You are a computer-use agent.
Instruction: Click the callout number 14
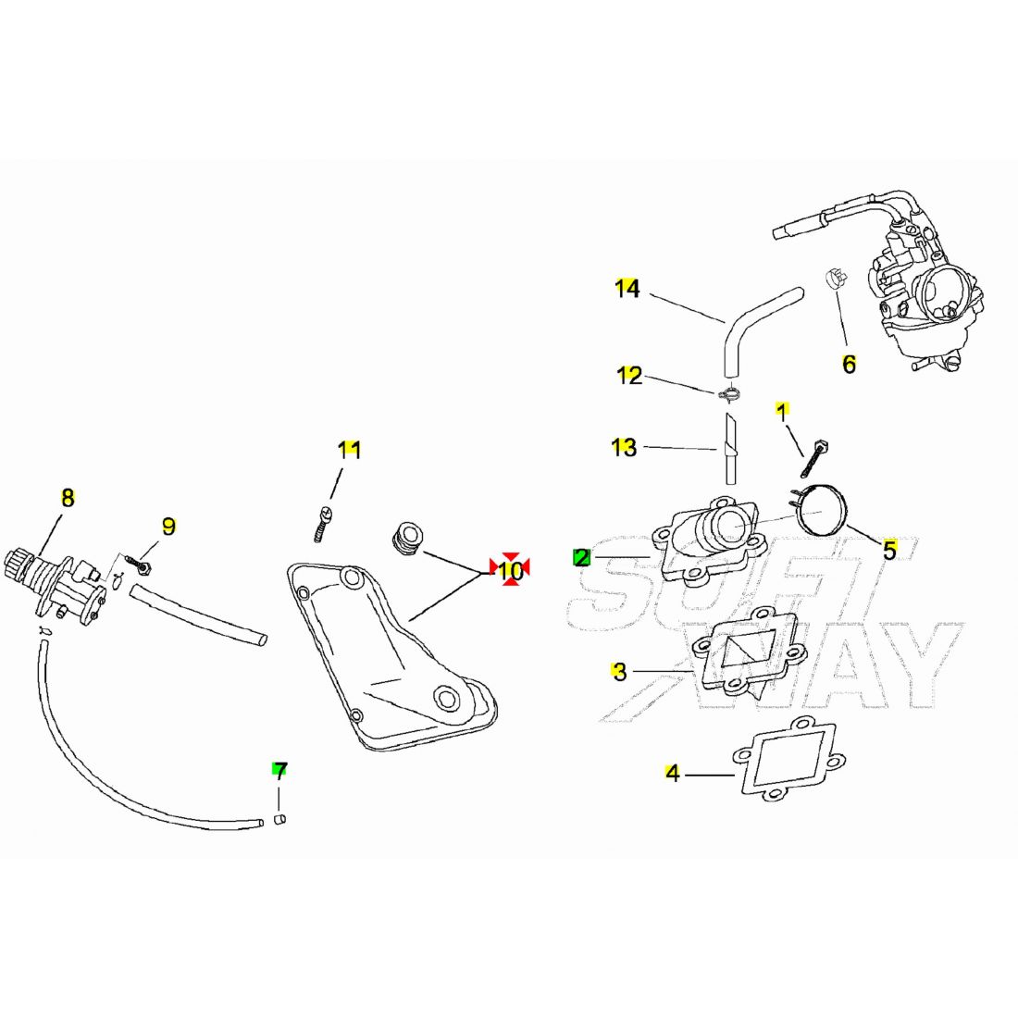click(x=627, y=288)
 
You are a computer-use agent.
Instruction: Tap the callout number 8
click(x=68, y=498)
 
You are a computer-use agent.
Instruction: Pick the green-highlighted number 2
click(x=582, y=557)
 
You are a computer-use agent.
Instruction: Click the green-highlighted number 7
click(x=279, y=771)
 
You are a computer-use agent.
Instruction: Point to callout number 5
click(x=889, y=550)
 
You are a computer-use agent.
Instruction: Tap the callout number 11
click(x=349, y=450)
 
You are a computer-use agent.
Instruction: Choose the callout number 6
click(x=850, y=365)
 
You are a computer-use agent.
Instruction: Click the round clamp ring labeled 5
click(x=820, y=511)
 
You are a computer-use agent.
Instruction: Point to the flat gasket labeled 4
click(x=789, y=760)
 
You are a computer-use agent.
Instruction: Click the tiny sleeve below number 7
click(x=280, y=819)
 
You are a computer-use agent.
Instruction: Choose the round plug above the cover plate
click(x=406, y=539)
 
